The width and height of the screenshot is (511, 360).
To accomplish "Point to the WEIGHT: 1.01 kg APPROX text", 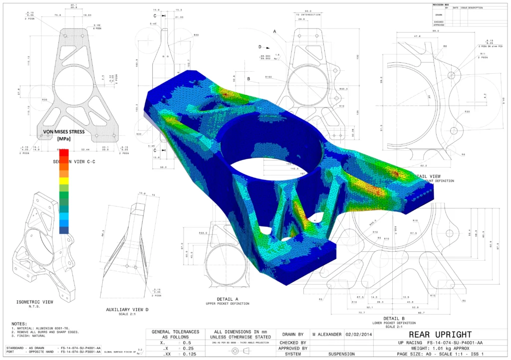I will tap(437, 349).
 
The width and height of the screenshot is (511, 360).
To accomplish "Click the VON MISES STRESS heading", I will tap(63, 132).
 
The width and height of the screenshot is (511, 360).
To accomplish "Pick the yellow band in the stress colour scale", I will tap(64, 186).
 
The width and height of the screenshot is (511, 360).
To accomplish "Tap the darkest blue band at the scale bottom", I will tap(64, 230).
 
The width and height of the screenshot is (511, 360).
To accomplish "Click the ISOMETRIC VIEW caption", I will tap(35, 302).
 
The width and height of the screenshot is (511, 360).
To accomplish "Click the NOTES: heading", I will tap(19, 323).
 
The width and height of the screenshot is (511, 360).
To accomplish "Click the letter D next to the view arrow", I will tap(260, 46).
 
